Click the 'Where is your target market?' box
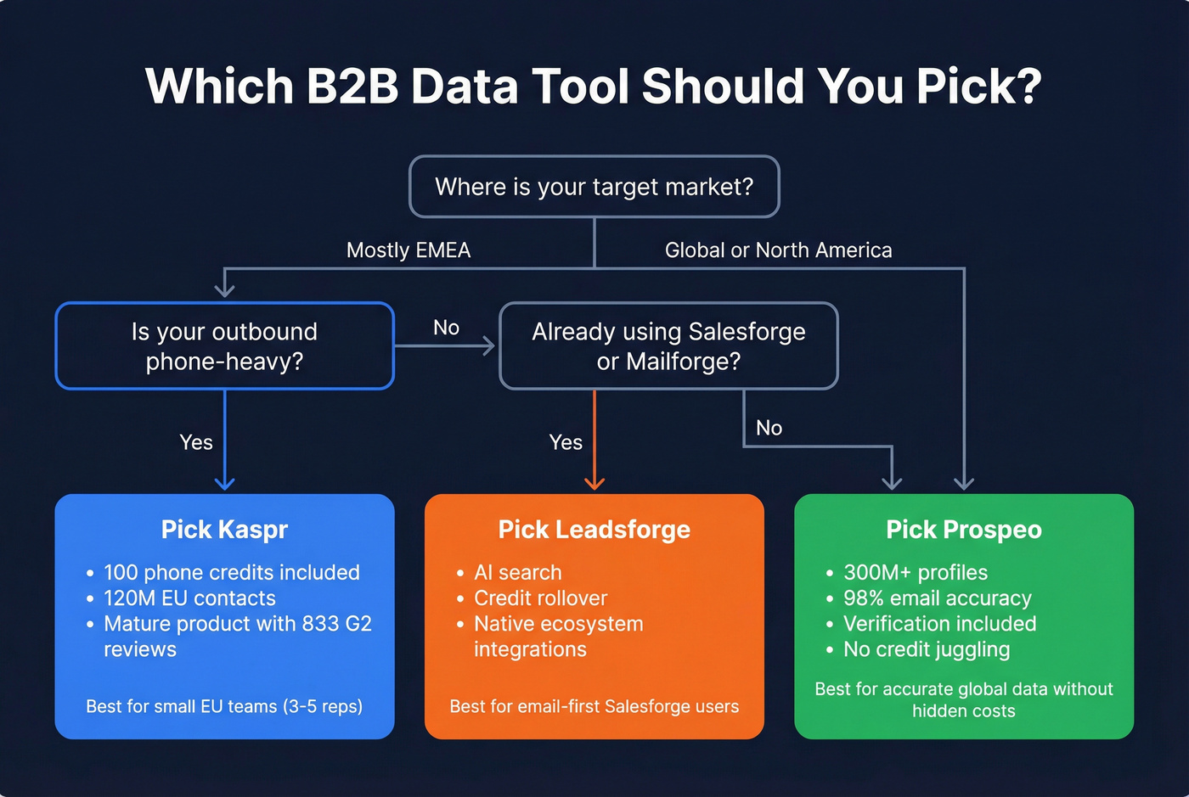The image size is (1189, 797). (x=594, y=187)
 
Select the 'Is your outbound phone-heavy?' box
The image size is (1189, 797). (x=224, y=346)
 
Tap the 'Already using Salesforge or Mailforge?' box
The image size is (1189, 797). (x=668, y=346)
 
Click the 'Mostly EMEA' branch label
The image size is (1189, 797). (x=408, y=250)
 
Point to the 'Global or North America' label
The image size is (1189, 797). (x=778, y=250)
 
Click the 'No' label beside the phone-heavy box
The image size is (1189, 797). (x=446, y=328)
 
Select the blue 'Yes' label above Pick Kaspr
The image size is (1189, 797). (x=196, y=442)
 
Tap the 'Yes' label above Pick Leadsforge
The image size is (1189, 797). (x=566, y=442)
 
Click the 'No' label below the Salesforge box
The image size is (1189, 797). (x=769, y=428)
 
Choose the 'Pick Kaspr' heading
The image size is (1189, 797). (x=224, y=530)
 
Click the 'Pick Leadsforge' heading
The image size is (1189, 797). (x=594, y=530)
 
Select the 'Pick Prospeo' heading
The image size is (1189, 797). (x=963, y=530)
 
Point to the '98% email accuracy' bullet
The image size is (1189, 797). (x=937, y=598)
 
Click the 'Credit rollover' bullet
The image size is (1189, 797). (x=540, y=598)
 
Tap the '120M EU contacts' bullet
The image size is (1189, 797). (x=189, y=598)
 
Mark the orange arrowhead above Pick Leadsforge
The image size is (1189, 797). (x=594, y=483)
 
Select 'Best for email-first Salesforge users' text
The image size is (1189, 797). (x=594, y=706)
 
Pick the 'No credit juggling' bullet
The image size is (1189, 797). (x=926, y=649)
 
